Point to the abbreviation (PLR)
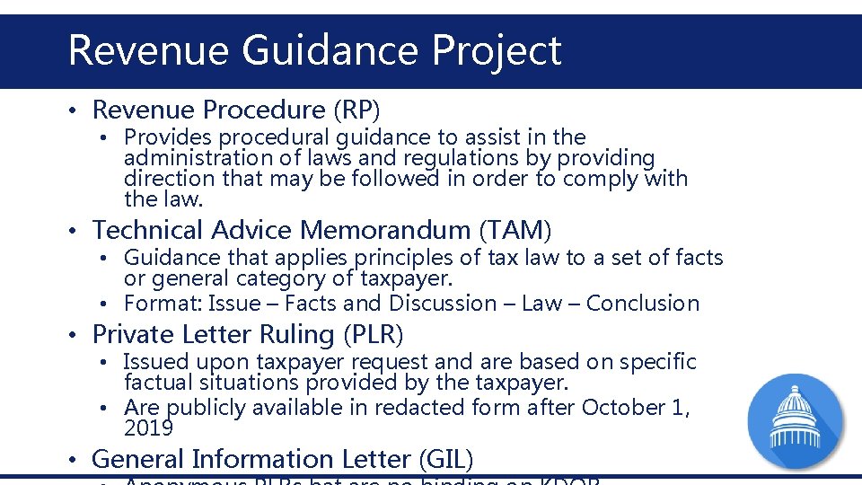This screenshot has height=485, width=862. [373, 334]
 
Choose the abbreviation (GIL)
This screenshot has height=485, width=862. [445, 459]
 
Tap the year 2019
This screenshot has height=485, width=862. [148, 428]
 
